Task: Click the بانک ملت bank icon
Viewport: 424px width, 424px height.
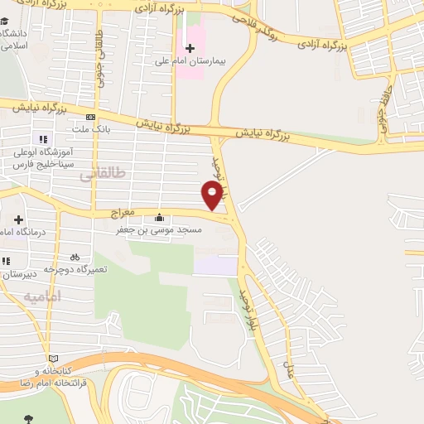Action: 90,117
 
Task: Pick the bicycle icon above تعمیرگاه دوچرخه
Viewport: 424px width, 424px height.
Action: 75,257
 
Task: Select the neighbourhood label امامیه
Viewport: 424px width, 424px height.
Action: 42,296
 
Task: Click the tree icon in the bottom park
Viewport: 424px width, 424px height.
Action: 31,417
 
